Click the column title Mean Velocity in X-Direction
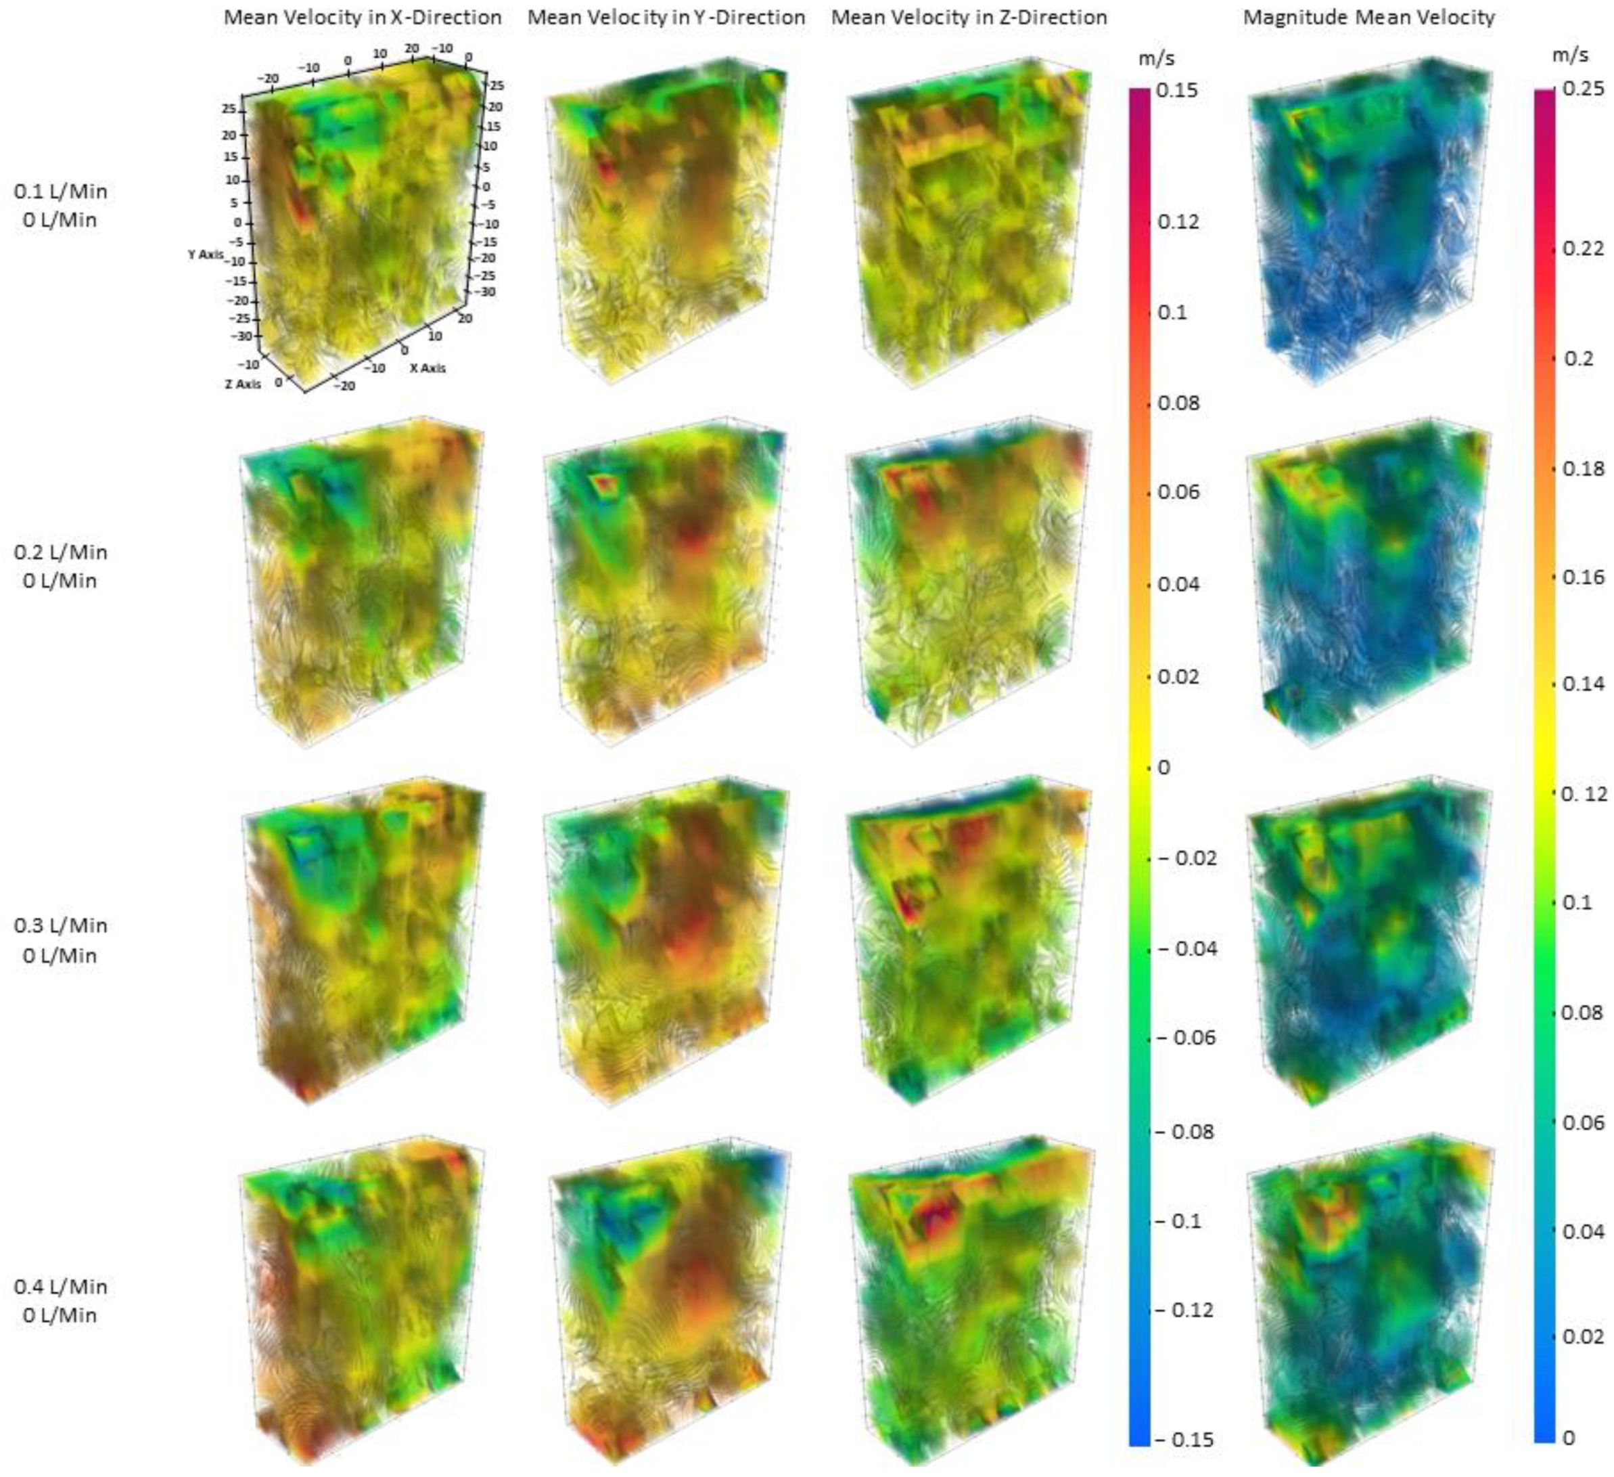coord(362,18)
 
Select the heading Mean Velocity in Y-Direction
coord(666,18)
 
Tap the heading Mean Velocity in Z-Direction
coord(969,18)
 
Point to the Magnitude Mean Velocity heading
coord(1369,18)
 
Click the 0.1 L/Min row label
coord(61,192)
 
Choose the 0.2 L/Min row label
coord(61,552)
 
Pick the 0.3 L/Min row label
coord(61,925)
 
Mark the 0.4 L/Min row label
coord(61,1286)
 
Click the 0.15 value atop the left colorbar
coord(1178,91)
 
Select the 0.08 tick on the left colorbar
coord(1178,403)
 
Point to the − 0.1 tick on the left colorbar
coord(1181,1222)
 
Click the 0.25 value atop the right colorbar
coord(1583,89)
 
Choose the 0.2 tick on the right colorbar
coord(1578,358)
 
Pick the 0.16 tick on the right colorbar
coord(1583,577)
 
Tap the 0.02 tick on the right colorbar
coord(1583,1336)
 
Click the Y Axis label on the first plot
coord(206,254)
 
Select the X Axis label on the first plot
coord(428,368)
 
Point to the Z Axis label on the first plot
coord(243,384)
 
